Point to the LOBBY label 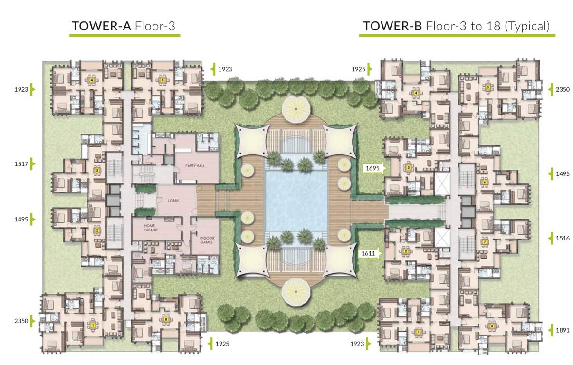pyautogui.click(x=173, y=201)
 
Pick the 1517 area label pyautogui.click(x=22, y=164)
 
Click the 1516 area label pyautogui.click(x=562, y=239)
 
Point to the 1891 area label pyautogui.click(x=562, y=330)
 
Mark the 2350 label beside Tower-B pyautogui.click(x=562, y=88)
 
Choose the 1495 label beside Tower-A pyautogui.click(x=22, y=219)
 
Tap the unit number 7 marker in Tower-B pyautogui.click(x=484, y=242)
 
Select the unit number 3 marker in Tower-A pyautogui.click(x=97, y=170)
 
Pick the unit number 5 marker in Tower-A pyautogui.click(x=162, y=80)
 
